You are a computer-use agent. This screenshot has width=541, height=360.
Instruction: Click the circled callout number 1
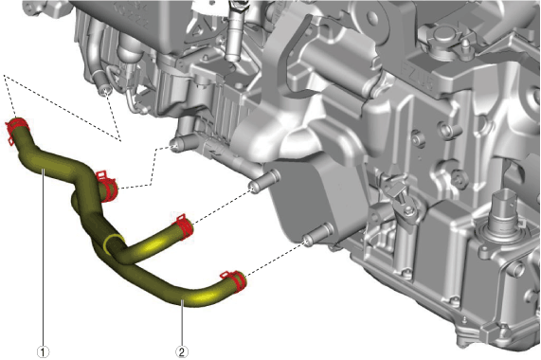tap(43, 352)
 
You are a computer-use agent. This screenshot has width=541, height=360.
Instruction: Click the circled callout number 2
tap(182, 352)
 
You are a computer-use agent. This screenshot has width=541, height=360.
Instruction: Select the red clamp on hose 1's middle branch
tap(107, 186)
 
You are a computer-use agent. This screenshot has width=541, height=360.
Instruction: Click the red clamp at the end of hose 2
tap(235, 280)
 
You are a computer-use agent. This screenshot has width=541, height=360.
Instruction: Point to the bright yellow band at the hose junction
tap(112, 243)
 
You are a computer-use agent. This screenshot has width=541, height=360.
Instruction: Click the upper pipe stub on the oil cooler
tap(264, 181)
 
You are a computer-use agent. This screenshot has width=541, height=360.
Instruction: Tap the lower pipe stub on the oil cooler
tap(318, 234)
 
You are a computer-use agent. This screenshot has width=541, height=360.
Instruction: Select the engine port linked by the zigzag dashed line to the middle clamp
tap(182, 143)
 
